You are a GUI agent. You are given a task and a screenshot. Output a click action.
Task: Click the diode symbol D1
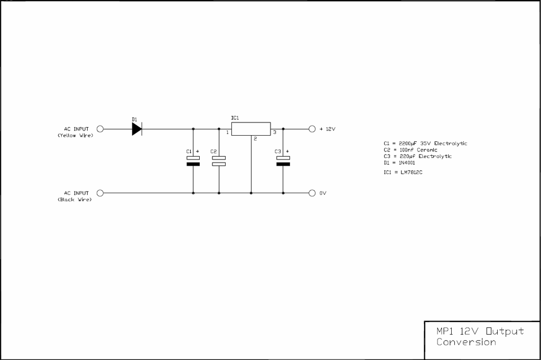tap(137, 129)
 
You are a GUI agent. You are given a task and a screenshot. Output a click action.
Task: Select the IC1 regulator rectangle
tap(251, 129)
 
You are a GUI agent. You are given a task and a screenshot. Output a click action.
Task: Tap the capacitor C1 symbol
tap(193, 161)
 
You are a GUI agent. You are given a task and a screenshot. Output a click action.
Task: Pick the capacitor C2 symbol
tap(219, 161)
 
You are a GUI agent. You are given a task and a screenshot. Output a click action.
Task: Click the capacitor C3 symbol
tap(283, 161)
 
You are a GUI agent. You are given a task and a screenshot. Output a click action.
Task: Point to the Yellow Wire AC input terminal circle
tap(100, 129)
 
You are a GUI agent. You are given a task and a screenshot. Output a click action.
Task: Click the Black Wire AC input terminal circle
tap(100, 193)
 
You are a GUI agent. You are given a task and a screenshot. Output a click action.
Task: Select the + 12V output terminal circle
tap(312, 129)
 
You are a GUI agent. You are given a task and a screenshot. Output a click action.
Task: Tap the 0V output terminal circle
tap(312, 193)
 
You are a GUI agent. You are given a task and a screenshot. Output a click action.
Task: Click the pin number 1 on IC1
tap(227, 132)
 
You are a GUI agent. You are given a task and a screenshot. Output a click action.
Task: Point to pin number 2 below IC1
tap(255, 139)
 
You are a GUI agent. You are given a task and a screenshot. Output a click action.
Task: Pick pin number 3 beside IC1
tap(275, 132)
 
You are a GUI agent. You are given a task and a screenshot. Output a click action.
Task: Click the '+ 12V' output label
tap(328, 129)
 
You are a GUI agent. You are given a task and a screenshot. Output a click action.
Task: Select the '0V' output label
tap(323, 193)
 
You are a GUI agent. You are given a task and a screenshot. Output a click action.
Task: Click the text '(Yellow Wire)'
tap(75, 136)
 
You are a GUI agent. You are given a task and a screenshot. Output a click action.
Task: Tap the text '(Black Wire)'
tap(75, 200)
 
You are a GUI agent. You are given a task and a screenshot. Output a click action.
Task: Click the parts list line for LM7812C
tap(403, 172)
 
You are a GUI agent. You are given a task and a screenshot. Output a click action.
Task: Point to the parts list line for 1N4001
tap(399, 163)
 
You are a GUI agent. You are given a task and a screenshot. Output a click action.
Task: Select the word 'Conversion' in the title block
tap(466, 342)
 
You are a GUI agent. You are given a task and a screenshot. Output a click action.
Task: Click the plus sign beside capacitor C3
tap(287, 151)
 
